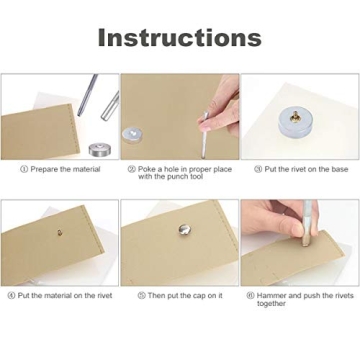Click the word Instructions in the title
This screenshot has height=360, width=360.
(x=179, y=38)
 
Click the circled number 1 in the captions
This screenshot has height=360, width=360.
(x=24, y=170)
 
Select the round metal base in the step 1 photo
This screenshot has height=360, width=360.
(x=99, y=149)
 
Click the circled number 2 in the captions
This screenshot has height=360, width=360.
(x=131, y=170)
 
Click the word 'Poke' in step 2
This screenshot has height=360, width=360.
(x=146, y=170)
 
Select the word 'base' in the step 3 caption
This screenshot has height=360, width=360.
(x=338, y=170)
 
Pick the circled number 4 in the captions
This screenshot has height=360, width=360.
(x=11, y=296)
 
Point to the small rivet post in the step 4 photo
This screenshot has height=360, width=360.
(x=60, y=232)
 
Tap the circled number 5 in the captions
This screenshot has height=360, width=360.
(x=141, y=296)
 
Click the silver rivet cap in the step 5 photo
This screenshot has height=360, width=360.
(x=184, y=232)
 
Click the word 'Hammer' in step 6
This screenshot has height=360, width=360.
(x=270, y=296)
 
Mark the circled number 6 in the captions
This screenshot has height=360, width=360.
(x=250, y=296)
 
